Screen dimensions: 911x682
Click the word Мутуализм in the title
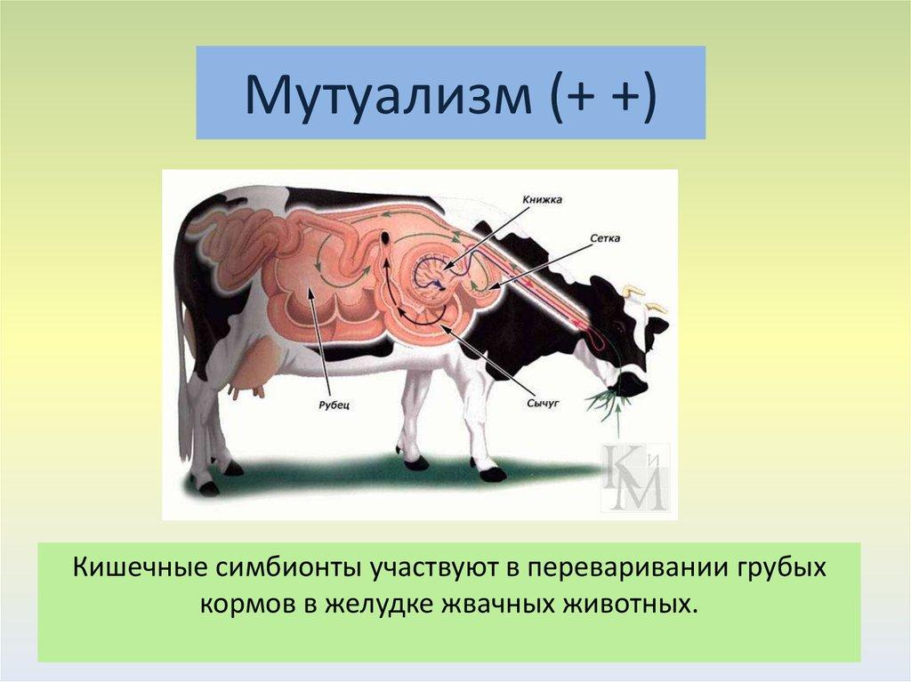pyautogui.click(x=388, y=93)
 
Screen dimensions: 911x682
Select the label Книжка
pyautogui.click(x=542, y=200)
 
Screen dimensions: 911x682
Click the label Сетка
pyautogui.click(x=605, y=238)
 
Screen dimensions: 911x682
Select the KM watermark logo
pyautogui.click(x=634, y=477)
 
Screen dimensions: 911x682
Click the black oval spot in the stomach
pyautogui.click(x=386, y=237)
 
